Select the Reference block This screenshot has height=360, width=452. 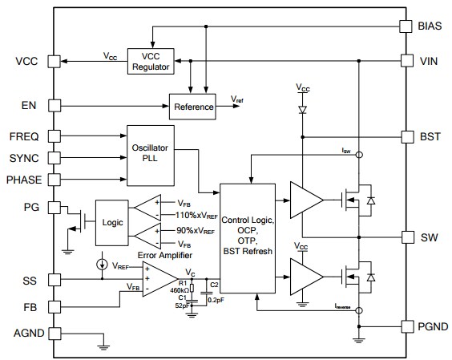[193, 107]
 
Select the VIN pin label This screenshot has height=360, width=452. [430, 61]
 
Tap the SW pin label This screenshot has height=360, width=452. [429, 238]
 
